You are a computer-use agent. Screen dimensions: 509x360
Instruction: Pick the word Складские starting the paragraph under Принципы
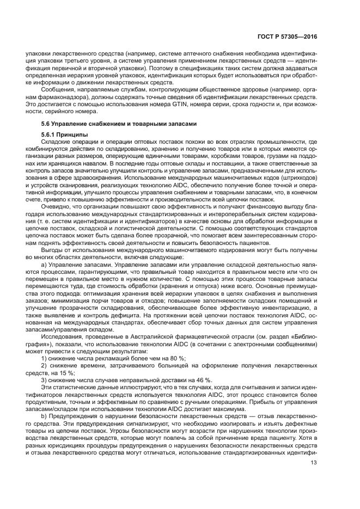coord(57,143)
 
